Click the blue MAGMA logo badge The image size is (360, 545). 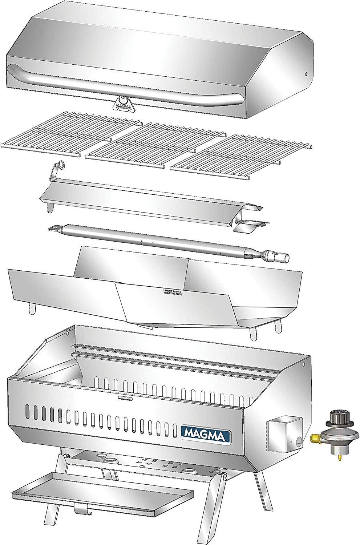pos(205,432)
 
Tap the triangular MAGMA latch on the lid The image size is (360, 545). pos(122,103)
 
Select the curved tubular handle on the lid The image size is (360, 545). pos(124,84)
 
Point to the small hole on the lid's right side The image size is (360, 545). pos(306,74)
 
